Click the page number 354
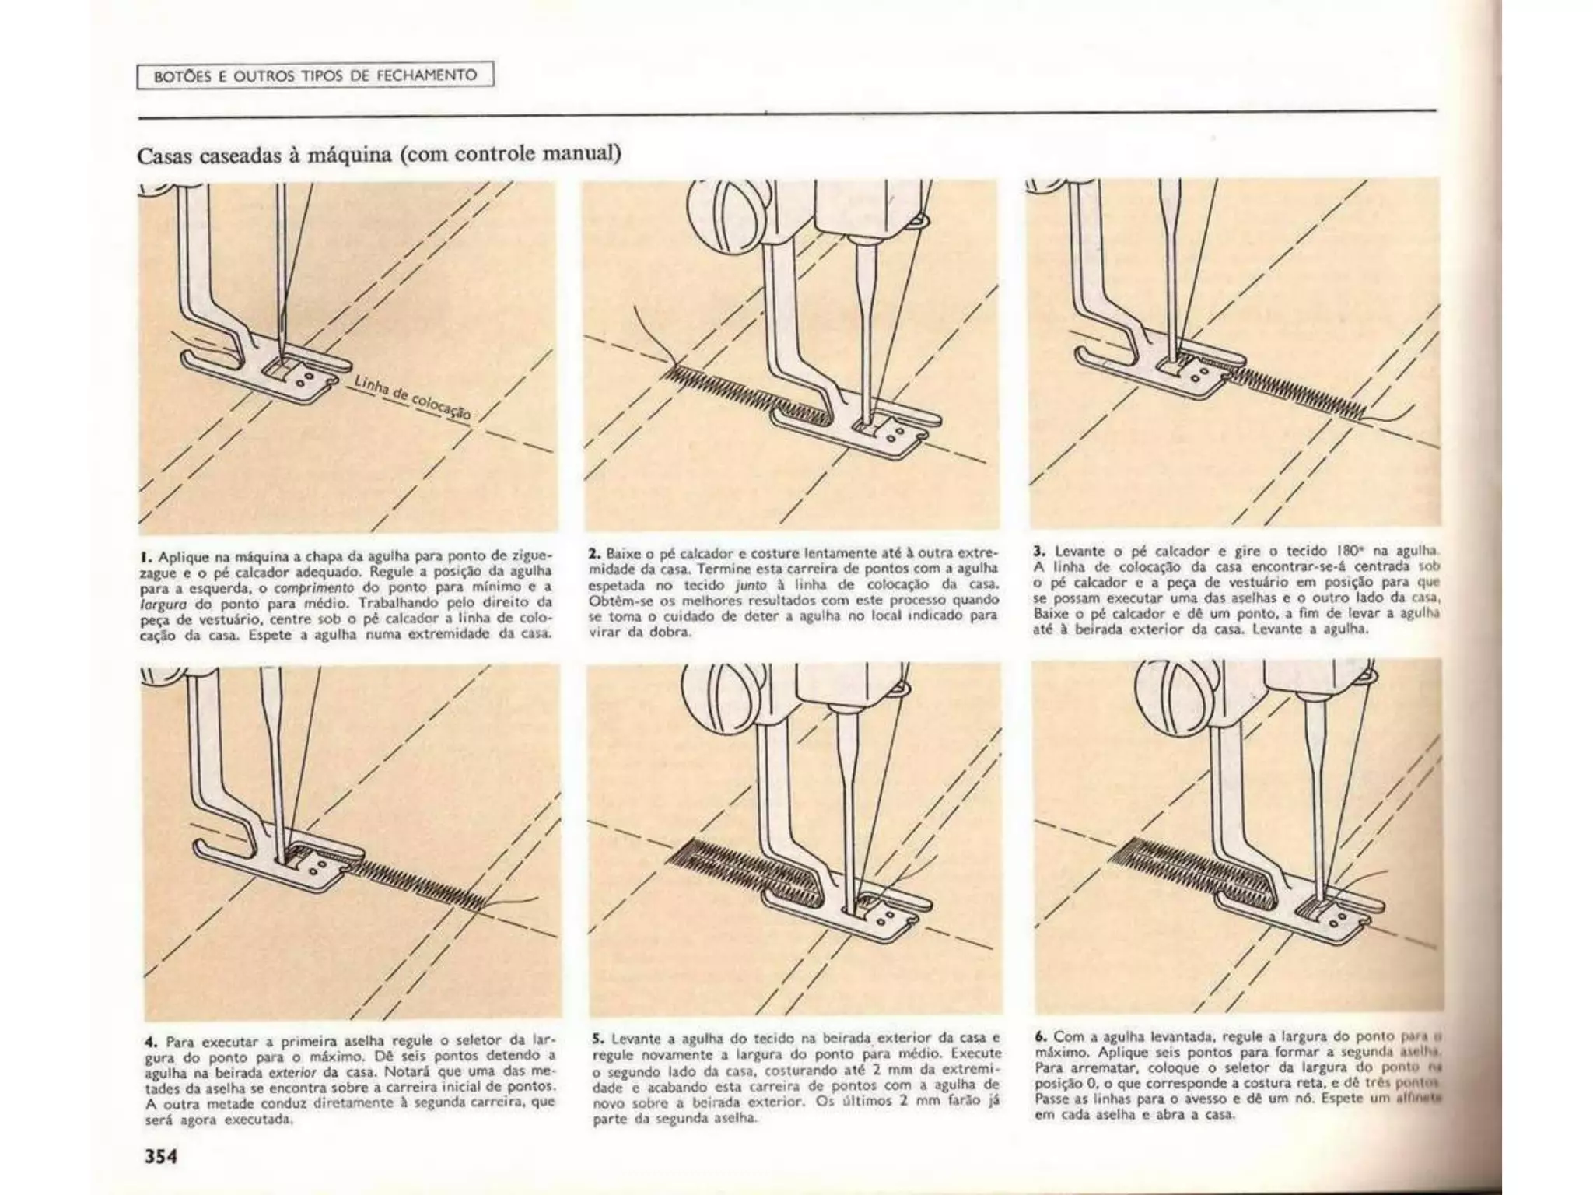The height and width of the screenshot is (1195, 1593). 161,1156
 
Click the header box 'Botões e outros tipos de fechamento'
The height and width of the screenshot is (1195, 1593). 315,75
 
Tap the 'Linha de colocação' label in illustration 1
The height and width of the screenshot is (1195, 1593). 412,397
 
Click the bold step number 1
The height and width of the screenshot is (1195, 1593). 145,557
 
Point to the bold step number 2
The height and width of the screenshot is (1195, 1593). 594,553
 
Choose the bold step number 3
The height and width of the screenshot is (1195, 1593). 1038,550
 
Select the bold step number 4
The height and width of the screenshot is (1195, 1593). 149,1041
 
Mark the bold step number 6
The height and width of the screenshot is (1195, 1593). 1041,1036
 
